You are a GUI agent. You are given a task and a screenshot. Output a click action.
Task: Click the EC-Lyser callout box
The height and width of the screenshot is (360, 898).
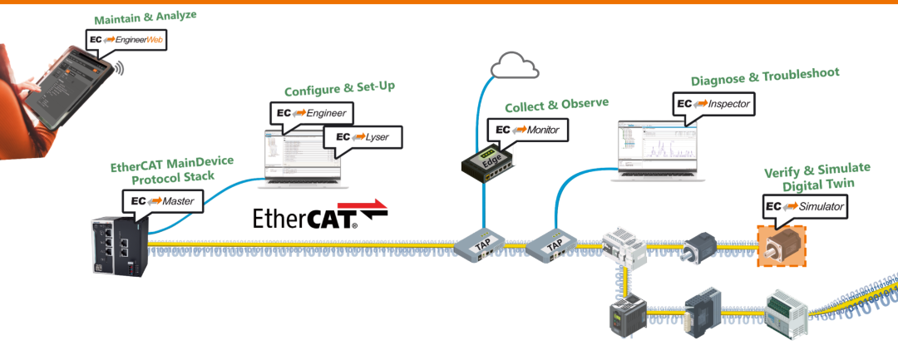pyautogui.click(x=362, y=137)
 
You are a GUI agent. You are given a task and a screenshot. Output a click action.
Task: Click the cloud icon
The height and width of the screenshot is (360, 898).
pyautogui.click(x=515, y=64)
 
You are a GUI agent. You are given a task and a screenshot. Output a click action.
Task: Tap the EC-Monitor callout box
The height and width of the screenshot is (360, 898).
pyautogui.click(x=528, y=130)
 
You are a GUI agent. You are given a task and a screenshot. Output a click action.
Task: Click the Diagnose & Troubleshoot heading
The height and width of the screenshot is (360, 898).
pyautogui.click(x=765, y=77)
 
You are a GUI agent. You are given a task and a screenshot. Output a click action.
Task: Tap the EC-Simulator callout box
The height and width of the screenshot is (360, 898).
pyautogui.click(x=806, y=206)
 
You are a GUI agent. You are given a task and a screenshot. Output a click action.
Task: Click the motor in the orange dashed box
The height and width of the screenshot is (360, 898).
pyautogui.click(x=782, y=245)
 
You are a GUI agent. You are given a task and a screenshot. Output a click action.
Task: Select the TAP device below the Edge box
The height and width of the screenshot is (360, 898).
pyautogui.click(x=481, y=247)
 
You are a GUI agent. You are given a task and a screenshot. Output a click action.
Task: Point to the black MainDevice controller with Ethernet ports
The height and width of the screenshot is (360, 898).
pyautogui.click(x=117, y=244)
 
